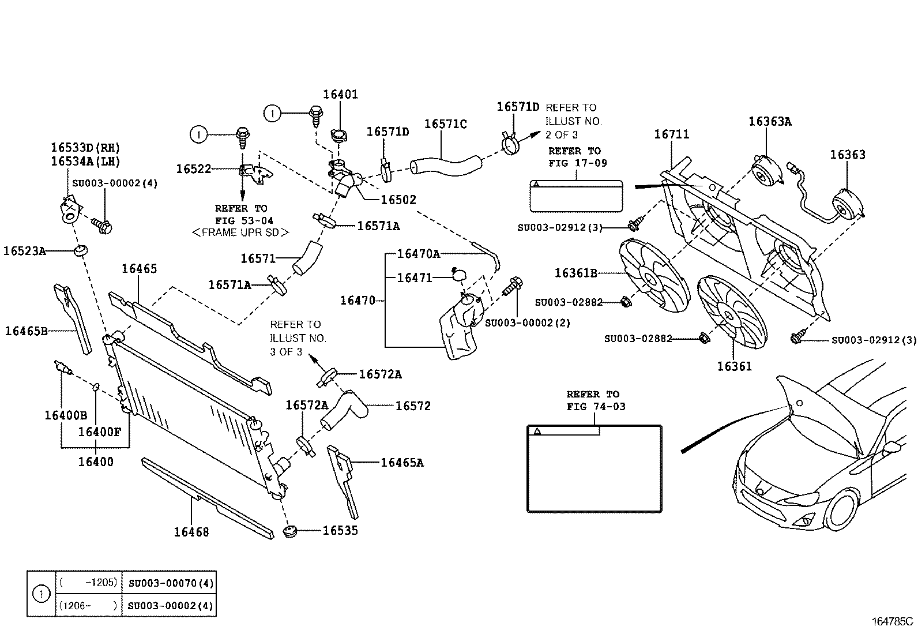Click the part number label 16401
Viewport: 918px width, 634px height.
[340, 94]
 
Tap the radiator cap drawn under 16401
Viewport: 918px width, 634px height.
[338, 134]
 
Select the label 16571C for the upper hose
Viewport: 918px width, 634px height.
[445, 123]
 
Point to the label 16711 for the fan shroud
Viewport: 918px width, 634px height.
[671, 134]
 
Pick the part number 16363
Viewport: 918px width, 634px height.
[848, 155]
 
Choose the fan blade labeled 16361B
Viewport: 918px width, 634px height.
[654, 276]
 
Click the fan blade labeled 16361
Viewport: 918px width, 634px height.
[732, 312]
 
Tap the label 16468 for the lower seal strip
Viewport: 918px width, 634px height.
[191, 532]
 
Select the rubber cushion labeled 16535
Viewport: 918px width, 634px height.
[290, 531]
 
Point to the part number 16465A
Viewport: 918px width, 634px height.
[402, 463]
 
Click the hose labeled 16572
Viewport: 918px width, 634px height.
[343, 410]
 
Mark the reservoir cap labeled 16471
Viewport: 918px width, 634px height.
[459, 275]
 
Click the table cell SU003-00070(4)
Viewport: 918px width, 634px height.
[171, 583]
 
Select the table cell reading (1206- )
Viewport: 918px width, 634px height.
[88, 605]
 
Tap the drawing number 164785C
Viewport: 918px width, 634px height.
[893, 622]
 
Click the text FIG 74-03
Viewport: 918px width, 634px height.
[596, 406]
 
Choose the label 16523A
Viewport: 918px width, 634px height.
[25, 250]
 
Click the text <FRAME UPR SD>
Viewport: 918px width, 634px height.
[240, 232]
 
